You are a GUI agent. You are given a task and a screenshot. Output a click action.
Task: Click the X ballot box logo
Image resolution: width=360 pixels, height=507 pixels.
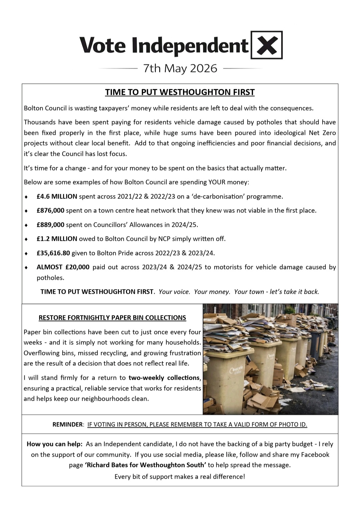(266, 45)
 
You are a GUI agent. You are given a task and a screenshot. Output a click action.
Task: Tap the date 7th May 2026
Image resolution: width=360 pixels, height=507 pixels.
(180, 68)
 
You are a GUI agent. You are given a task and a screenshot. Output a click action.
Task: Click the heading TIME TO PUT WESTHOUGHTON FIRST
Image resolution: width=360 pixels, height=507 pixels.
(180, 92)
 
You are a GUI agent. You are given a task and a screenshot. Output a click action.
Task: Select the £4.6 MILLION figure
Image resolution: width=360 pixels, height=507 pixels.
(57, 197)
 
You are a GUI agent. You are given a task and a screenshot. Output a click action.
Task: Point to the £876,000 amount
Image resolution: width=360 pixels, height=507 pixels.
(50, 211)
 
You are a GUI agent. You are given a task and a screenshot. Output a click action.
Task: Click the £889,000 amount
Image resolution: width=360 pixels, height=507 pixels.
(50, 225)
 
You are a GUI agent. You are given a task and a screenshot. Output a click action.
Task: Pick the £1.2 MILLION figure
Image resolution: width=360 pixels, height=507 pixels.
(57, 239)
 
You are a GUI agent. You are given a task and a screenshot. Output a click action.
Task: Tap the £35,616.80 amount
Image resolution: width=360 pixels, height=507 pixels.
(53, 253)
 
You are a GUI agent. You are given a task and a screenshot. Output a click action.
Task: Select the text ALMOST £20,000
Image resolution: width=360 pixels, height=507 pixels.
(63, 267)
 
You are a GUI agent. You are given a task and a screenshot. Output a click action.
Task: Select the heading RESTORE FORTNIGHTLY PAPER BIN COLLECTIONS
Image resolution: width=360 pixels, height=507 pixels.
(112, 318)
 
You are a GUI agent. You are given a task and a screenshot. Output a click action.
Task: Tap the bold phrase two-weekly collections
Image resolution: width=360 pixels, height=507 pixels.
(164, 378)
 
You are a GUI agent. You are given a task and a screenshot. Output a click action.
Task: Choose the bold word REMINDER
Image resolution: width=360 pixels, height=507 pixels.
(67, 425)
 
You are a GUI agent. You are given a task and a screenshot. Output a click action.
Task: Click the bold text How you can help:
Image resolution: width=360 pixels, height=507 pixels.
(54, 444)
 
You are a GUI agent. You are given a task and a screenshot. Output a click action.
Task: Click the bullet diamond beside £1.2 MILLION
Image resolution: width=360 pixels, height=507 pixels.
(26, 239)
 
